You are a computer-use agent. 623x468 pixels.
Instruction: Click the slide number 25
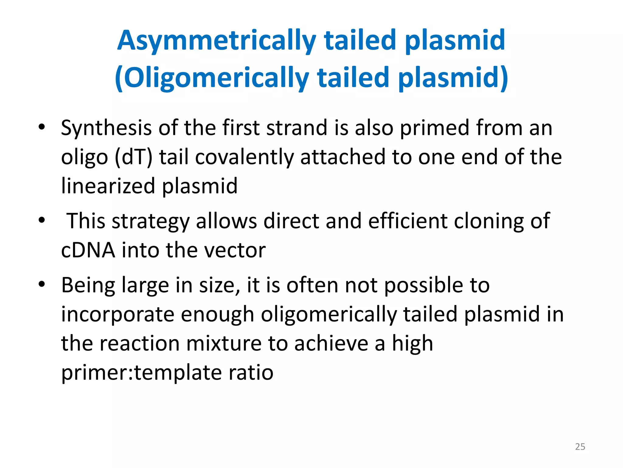[580, 447]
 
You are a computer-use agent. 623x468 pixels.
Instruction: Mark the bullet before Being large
[42, 284]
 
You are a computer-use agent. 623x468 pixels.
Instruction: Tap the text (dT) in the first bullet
[133, 157]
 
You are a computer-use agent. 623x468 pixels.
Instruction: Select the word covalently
[244, 157]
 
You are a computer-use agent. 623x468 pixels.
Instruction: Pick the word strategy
[151, 221]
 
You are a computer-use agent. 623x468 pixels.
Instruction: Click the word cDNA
[88, 250]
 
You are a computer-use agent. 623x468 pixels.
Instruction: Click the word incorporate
[118, 314]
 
